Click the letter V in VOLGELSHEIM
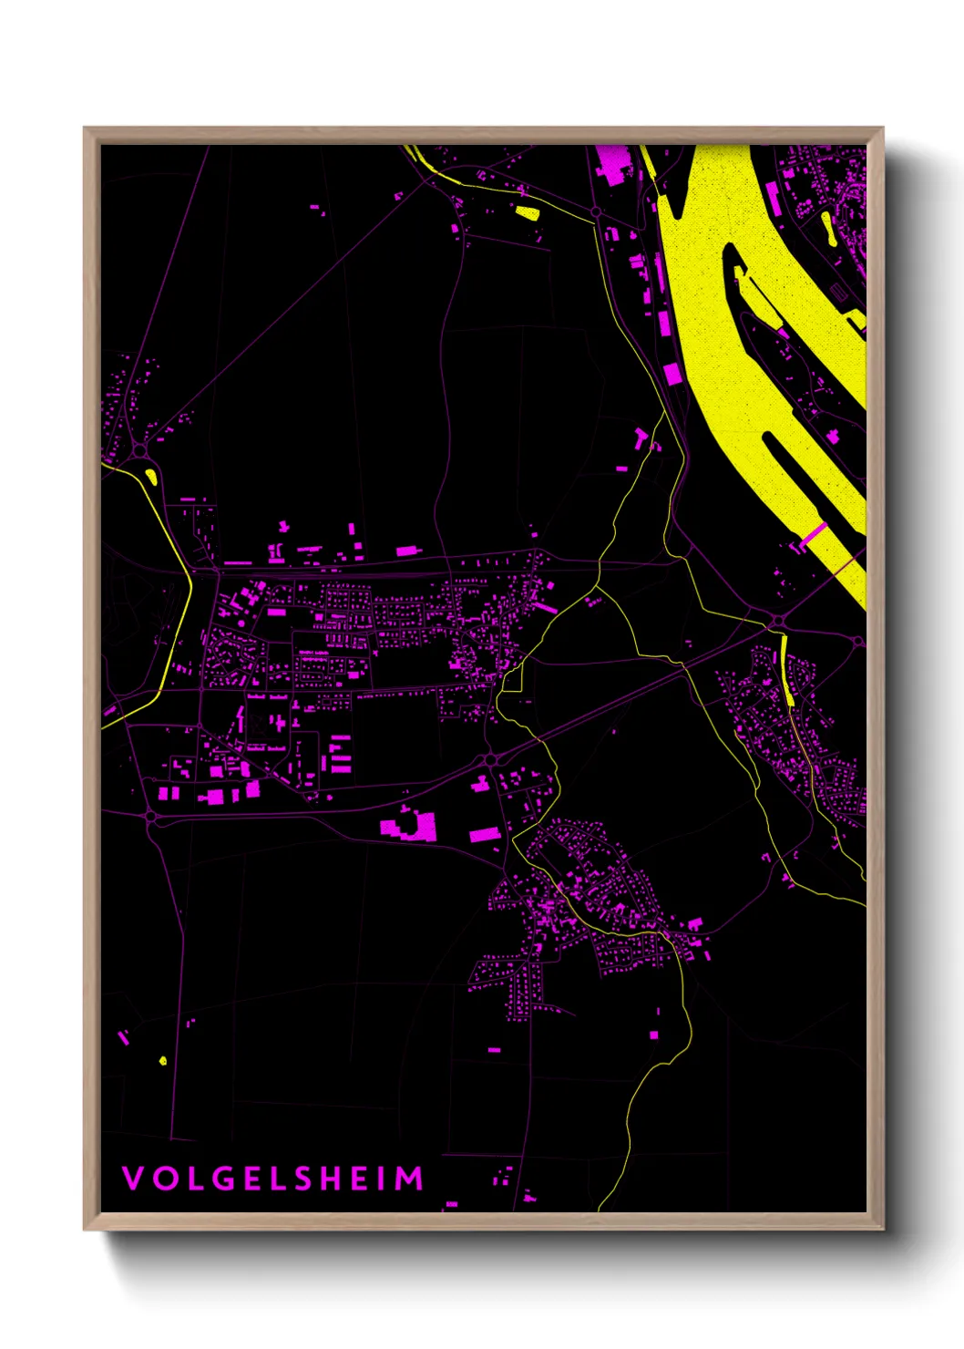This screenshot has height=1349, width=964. (x=132, y=1179)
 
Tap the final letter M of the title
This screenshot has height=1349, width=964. (x=412, y=1179)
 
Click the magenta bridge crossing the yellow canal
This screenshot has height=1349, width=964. (x=814, y=535)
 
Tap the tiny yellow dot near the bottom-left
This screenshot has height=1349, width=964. (x=163, y=1060)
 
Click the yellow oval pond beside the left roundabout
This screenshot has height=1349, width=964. (x=151, y=475)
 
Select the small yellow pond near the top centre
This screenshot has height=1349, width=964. (x=528, y=213)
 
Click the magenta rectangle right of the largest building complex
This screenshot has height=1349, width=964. (x=484, y=833)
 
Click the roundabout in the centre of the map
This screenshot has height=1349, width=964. (x=490, y=759)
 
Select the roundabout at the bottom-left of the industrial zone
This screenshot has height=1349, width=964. (x=151, y=817)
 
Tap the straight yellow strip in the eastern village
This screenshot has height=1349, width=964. (x=787, y=670)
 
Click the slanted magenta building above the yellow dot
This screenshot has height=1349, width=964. (x=123, y=1036)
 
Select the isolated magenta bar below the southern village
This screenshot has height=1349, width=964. (x=494, y=1050)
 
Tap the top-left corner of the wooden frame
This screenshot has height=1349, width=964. (x=85, y=129)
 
